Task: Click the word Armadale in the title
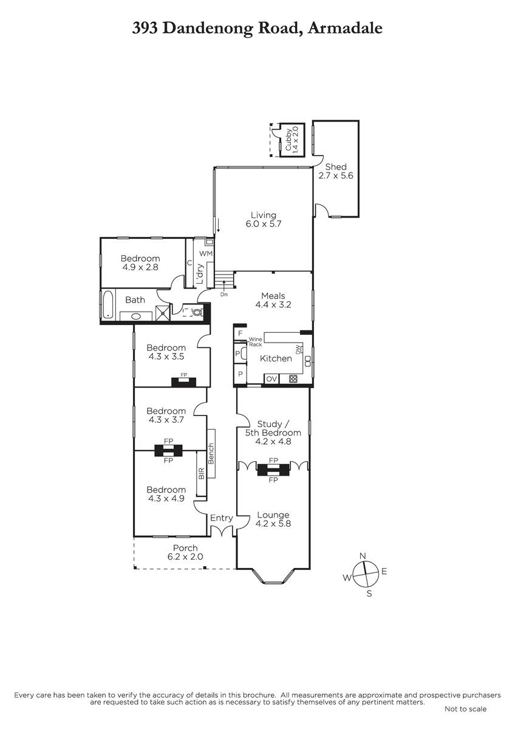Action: (x=345, y=28)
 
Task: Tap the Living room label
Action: (x=263, y=215)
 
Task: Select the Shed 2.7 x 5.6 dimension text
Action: (x=335, y=176)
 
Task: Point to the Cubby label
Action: (x=288, y=140)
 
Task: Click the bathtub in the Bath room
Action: (x=107, y=304)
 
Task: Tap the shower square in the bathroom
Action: (x=163, y=313)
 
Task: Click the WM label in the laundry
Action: (x=206, y=253)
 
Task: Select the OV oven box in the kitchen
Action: (x=271, y=379)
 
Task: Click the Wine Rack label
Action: (x=256, y=341)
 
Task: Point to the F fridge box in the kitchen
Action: (x=240, y=334)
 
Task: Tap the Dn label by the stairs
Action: (x=224, y=295)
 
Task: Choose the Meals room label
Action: (x=273, y=296)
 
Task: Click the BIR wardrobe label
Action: (x=201, y=473)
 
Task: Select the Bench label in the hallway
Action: (x=211, y=454)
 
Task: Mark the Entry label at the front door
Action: (x=222, y=518)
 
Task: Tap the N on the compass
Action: (x=363, y=555)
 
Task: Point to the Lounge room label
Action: (x=273, y=515)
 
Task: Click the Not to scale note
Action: (x=465, y=709)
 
